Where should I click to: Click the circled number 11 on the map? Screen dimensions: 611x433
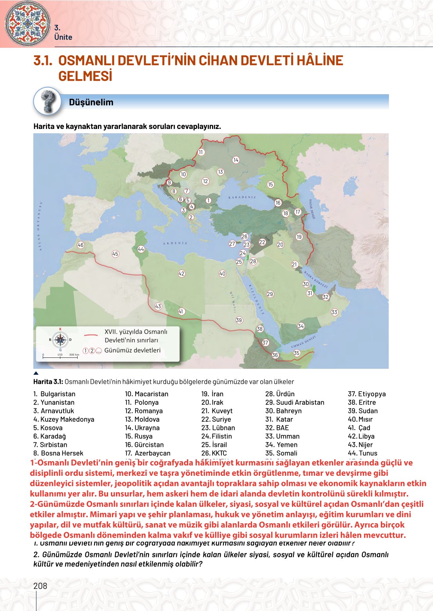coord(201,152)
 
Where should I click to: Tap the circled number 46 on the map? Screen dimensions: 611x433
coord(80,245)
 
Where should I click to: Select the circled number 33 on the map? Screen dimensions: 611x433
coord(334,312)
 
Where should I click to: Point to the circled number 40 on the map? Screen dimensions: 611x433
coord(223,274)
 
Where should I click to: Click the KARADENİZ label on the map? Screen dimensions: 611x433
coord(242,197)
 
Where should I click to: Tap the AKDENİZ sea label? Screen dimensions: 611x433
coord(175,243)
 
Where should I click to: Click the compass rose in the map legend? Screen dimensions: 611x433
coord(60,339)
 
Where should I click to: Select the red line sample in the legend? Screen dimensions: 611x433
coord(91,335)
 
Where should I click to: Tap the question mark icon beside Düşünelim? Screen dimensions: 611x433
coord(47,101)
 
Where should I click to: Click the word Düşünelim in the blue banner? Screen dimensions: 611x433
coord(91,102)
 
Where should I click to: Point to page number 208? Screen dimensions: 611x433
coord(40,586)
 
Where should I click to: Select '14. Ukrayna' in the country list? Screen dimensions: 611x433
coord(142,428)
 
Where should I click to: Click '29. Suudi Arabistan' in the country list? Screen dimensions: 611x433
coord(295,402)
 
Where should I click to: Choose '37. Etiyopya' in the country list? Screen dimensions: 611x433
coord(366,394)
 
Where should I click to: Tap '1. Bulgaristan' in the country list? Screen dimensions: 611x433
coord(54,394)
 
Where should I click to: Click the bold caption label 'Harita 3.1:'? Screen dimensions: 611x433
coord(48,382)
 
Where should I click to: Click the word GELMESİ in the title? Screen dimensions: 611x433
coord(85,76)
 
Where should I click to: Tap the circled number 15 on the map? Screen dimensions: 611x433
coord(270,184)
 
